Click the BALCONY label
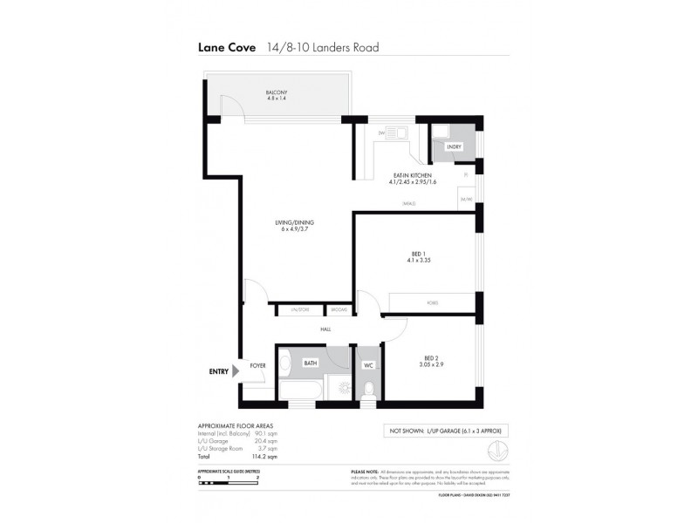click(x=277, y=92)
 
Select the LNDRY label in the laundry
click(x=454, y=147)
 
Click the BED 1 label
click(x=417, y=254)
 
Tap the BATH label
click(x=310, y=363)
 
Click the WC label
click(x=368, y=364)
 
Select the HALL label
click(x=325, y=329)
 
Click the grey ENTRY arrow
click(x=236, y=371)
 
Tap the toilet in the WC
click(x=368, y=388)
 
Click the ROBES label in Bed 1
click(x=432, y=302)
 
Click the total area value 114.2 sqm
click(x=264, y=456)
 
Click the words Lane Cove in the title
click(x=227, y=50)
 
